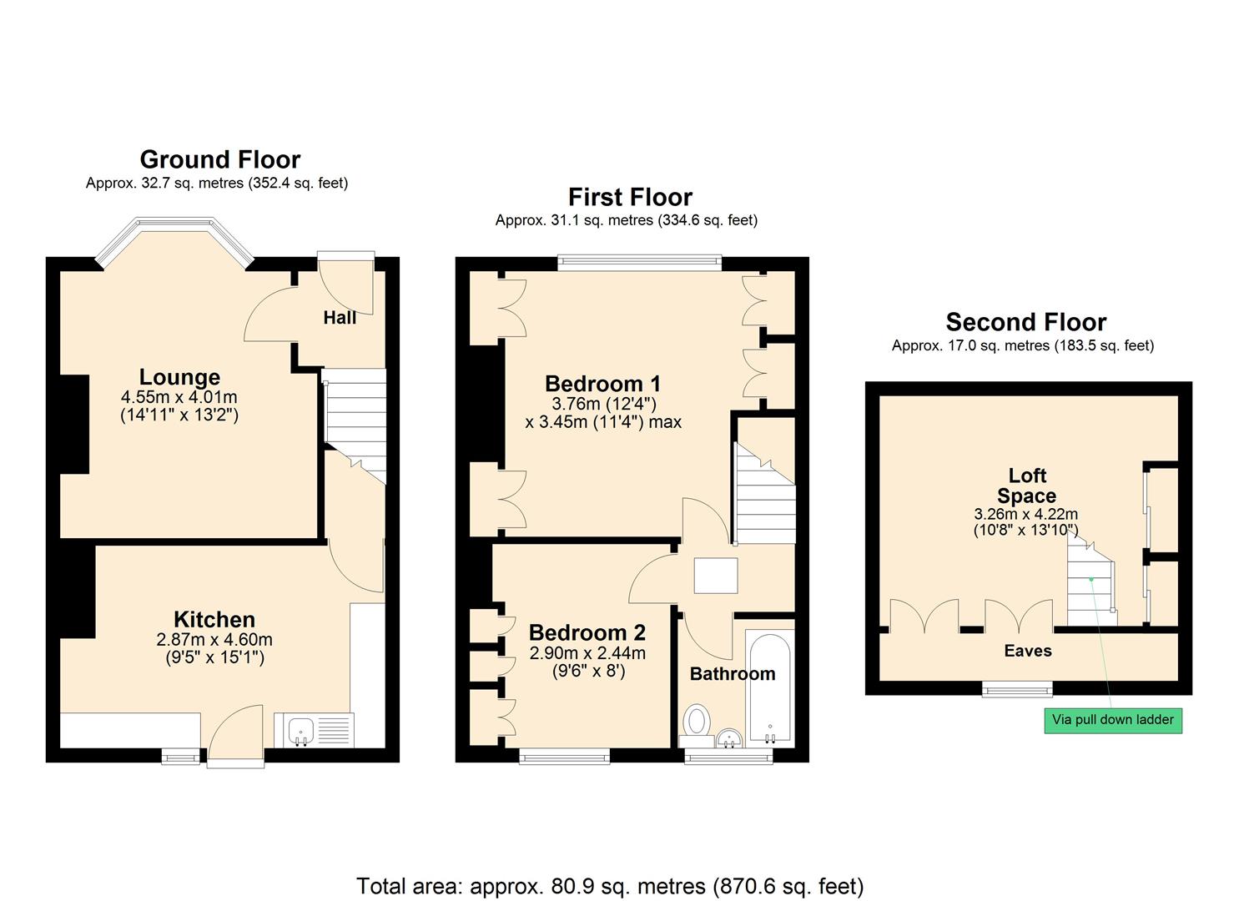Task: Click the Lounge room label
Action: [179, 377]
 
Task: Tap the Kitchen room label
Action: [214, 619]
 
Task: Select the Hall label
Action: [340, 317]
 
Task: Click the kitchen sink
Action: [300, 732]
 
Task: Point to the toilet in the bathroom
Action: [696, 721]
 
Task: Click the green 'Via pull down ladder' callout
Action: [1112, 720]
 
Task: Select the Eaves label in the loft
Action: [1027, 651]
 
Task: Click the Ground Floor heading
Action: [219, 159]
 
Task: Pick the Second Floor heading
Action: [1025, 322]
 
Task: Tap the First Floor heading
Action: [630, 197]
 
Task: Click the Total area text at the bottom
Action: [610, 885]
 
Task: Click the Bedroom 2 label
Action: [587, 632]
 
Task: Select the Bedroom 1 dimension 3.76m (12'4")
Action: [603, 404]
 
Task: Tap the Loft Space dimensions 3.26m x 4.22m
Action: [1025, 514]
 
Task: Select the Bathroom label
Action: [732, 673]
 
